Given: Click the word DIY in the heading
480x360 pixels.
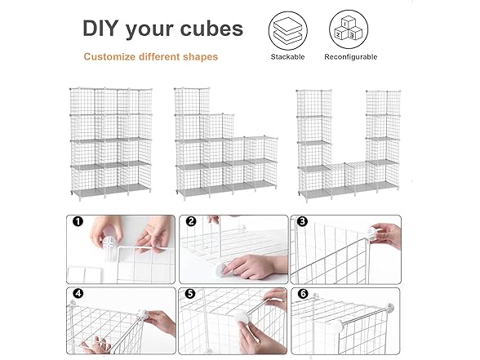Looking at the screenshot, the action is (100, 29).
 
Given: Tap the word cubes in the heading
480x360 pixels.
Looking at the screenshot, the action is (212, 29).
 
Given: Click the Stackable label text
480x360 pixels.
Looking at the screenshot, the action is (287, 57).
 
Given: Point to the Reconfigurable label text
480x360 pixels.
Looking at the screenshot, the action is (351, 57).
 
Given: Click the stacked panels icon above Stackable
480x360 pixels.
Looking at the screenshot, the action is (287, 31).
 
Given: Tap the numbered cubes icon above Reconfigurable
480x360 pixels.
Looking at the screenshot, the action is (349, 29).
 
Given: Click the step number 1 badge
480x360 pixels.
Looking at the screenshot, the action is (78, 221).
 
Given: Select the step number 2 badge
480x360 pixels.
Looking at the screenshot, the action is (191, 221).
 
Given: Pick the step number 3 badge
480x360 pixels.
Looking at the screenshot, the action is (302, 221).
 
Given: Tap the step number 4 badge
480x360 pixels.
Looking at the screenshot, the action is (78, 293).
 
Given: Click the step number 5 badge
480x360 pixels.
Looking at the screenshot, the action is (190, 294).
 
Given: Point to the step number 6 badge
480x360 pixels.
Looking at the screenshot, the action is (303, 294).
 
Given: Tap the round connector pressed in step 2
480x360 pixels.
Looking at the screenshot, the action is (220, 269).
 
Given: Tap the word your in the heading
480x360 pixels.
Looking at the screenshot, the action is (149, 30).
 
